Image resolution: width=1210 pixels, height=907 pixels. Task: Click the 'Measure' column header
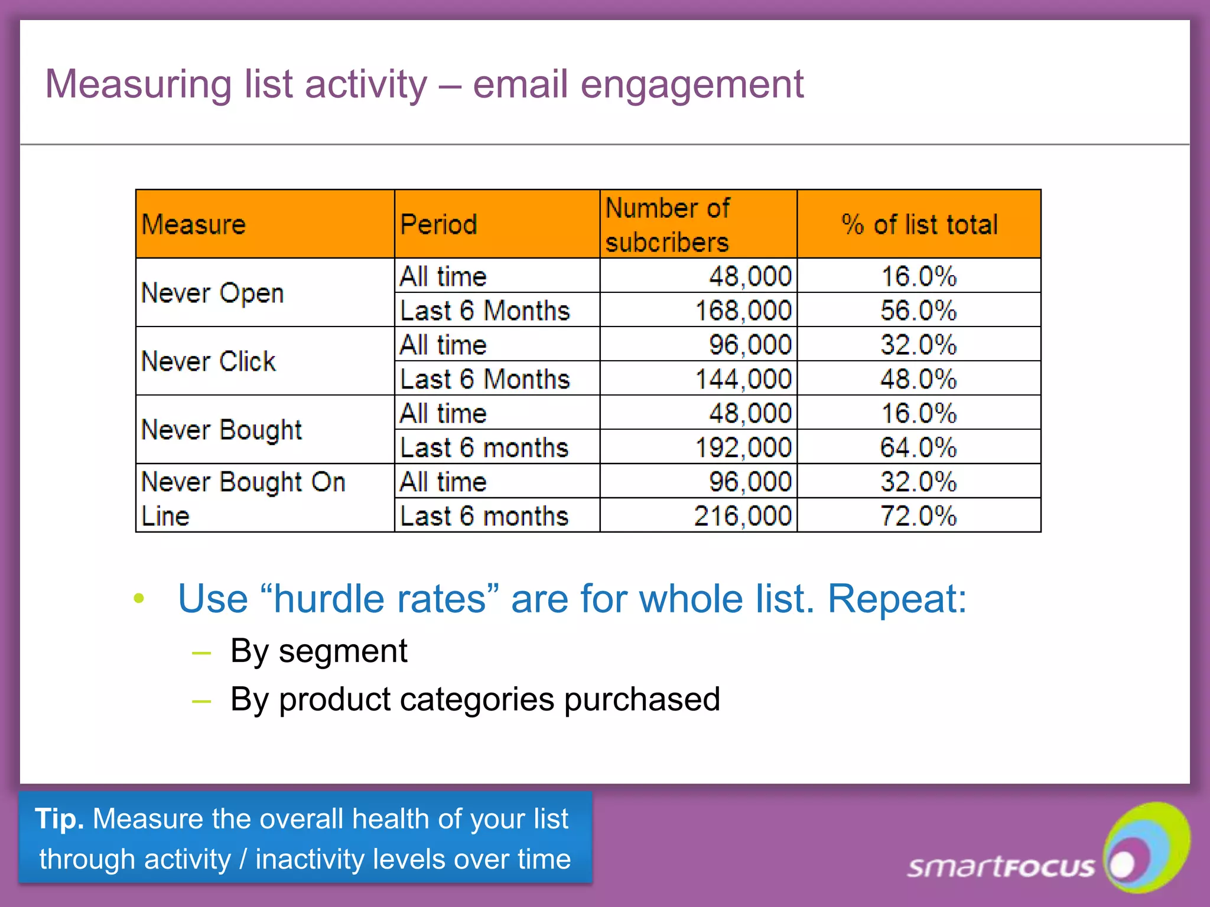point(194,224)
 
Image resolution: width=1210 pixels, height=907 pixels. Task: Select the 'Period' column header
point(438,224)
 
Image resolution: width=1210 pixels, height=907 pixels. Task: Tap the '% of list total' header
point(919,224)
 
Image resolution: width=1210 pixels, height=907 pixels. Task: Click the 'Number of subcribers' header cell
point(668,225)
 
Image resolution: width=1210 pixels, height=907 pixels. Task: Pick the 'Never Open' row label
point(213,293)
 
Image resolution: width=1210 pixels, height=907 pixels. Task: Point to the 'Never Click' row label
point(209,361)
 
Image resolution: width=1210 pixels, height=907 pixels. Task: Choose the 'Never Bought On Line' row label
point(243,498)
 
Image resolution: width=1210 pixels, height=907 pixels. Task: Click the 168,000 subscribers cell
point(743,311)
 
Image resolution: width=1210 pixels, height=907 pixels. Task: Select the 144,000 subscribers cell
point(743,379)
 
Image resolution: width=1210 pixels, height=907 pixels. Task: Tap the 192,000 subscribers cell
point(743,448)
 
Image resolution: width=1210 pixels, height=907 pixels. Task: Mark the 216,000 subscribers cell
point(743,516)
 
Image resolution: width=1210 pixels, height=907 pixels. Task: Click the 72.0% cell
point(918,516)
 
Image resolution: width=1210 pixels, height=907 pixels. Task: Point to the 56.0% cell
point(918,311)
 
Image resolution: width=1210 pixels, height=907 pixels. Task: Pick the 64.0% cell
point(918,448)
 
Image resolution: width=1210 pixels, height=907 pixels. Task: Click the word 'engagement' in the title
point(692,84)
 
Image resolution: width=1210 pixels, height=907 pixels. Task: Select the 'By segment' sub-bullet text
point(318,651)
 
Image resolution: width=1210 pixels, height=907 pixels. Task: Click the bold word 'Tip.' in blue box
point(59,819)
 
